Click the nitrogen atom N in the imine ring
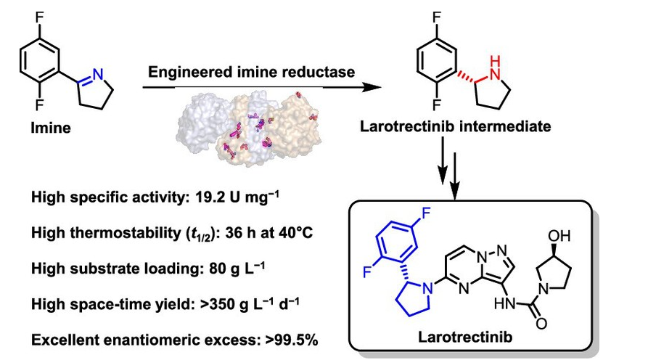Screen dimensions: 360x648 [97, 71]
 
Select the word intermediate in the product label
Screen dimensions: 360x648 [512, 128]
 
